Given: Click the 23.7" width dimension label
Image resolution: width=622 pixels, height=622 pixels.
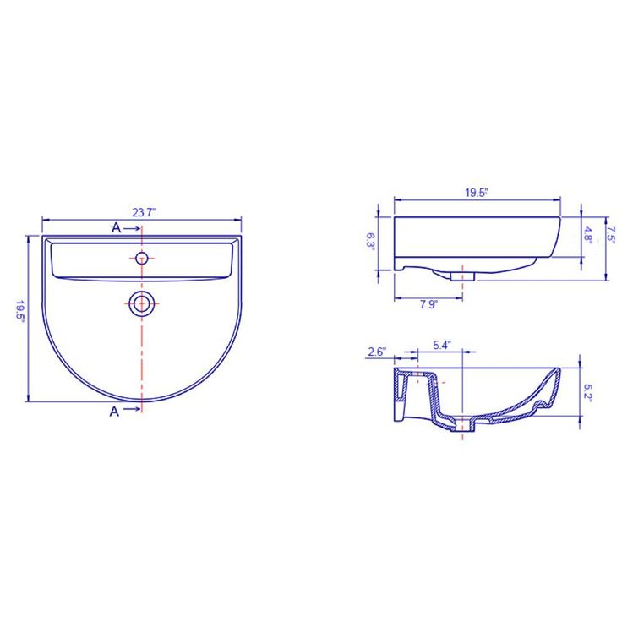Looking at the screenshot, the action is tap(144, 212).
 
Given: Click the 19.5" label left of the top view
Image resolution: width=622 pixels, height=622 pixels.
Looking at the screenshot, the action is tap(19, 311).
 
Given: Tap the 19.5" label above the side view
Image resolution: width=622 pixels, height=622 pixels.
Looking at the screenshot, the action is tap(476, 193).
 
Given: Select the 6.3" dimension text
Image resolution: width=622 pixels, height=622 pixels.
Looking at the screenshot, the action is tap(370, 240).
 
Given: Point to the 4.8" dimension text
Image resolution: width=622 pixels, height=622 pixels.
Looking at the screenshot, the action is tap(587, 235).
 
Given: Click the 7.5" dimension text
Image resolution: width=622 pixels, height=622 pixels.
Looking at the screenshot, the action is tap(611, 234).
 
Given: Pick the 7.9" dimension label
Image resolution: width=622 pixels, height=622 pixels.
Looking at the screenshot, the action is tap(428, 304).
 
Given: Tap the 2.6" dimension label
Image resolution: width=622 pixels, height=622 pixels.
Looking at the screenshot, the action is tap(377, 352).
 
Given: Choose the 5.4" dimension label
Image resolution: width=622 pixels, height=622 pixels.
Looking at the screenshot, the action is tap(442, 345).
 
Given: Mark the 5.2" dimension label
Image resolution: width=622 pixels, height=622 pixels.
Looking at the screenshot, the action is tap(587, 393).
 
